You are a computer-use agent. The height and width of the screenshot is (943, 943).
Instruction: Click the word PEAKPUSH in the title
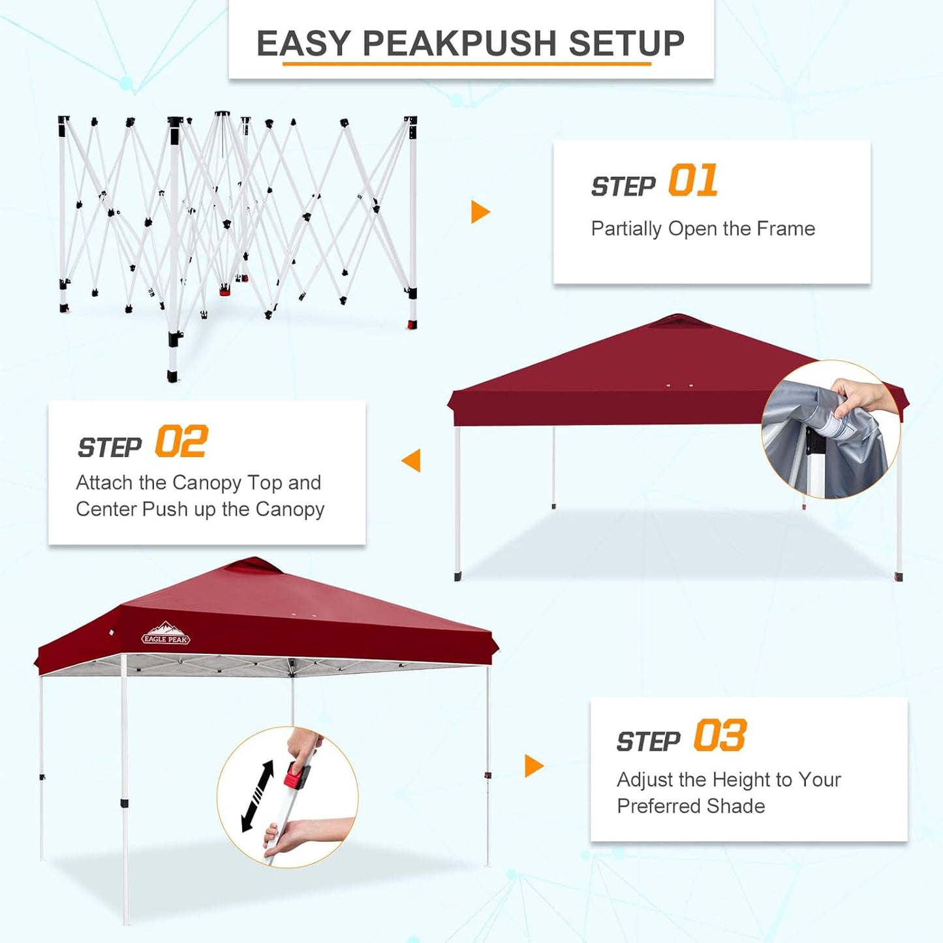coord(459,44)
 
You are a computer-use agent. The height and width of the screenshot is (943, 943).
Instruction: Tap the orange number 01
coord(693,181)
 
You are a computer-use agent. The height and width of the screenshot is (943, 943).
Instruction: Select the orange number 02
coord(181,442)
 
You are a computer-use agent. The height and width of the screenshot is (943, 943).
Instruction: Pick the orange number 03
coord(720,736)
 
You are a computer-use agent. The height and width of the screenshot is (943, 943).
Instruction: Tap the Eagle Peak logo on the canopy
coord(166,634)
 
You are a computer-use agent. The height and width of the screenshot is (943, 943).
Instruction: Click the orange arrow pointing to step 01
coord(480,212)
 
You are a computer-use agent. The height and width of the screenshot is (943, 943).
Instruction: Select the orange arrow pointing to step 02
coord(412,460)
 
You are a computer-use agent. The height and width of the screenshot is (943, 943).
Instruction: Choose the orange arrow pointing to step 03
coord(533,765)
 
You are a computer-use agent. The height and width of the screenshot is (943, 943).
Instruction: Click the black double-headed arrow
coord(258,796)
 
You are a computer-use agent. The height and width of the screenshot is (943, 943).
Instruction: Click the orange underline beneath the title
coord(467,64)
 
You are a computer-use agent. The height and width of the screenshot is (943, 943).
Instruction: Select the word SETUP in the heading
coord(626,44)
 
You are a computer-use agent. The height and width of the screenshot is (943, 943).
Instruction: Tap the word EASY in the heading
coord(303,44)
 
